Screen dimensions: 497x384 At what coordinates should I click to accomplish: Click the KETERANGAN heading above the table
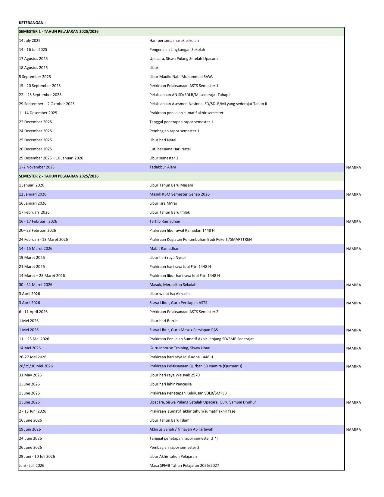click(32, 23)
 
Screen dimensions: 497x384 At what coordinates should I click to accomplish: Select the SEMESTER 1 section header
click(59, 32)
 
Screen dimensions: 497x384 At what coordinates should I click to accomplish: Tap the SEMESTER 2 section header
click(59, 176)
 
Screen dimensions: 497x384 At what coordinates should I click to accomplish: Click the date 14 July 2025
click(30, 41)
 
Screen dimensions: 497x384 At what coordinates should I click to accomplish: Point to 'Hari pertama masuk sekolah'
click(174, 41)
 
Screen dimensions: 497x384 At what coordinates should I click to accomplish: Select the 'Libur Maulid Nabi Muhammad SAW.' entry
click(181, 77)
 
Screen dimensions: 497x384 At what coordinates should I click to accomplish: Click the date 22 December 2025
click(35, 122)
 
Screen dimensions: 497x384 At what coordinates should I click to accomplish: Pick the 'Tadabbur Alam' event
click(163, 167)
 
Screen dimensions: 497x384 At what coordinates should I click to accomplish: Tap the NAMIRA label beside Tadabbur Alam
click(353, 168)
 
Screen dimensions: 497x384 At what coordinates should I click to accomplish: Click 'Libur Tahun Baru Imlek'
click(170, 212)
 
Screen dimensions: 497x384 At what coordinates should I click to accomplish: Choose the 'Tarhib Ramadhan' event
click(165, 222)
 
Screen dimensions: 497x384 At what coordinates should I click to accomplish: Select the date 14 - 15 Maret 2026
click(36, 249)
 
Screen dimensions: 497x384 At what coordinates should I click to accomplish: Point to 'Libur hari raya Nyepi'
click(167, 258)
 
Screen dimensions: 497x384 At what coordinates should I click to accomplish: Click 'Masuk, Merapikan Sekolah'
click(173, 285)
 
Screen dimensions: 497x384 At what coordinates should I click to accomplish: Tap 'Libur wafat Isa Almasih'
click(170, 294)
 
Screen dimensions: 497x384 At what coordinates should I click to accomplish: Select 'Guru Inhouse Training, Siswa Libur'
click(180, 348)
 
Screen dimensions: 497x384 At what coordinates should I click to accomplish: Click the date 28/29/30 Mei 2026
click(36, 366)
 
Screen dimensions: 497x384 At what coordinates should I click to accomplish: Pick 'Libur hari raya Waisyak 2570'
click(174, 375)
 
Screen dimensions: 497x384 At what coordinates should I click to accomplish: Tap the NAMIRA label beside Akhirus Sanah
click(353, 430)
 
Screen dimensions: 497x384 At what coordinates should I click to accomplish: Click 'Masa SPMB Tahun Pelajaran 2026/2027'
click(184, 466)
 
